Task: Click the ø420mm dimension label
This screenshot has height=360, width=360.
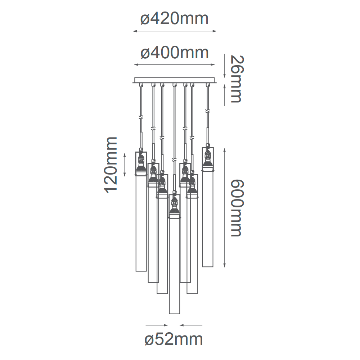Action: [175, 19]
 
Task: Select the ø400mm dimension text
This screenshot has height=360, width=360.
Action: [175, 53]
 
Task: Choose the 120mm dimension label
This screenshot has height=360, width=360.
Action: [111, 165]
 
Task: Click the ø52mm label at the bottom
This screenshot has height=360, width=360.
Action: [174, 339]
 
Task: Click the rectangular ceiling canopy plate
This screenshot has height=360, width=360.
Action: [175, 80]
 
